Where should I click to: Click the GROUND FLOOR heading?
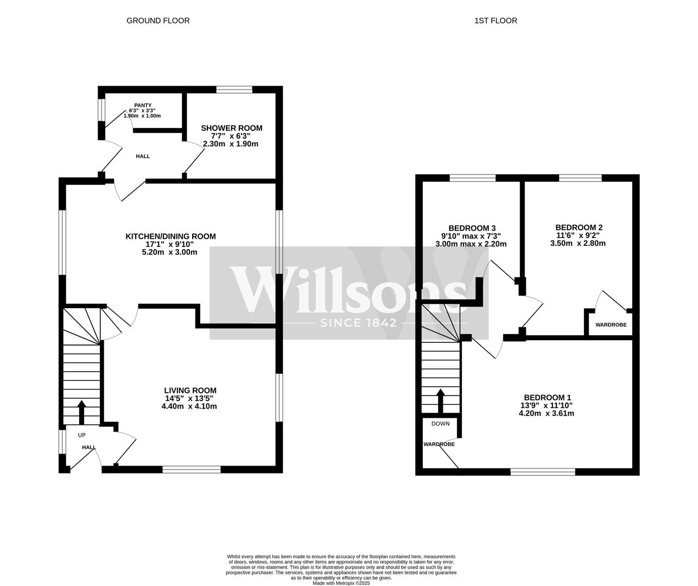pyautogui.click(x=158, y=21)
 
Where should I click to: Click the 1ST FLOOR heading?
pyautogui.click(x=496, y=21)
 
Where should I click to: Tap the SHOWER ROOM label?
pyautogui.click(x=231, y=128)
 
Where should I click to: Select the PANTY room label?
pyautogui.click(x=143, y=105)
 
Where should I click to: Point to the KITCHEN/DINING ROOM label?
pyautogui.click(x=170, y=236)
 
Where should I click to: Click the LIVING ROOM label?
pyautogui.click(x=190, y=390)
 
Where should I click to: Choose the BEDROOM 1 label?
pyautogui.click(x=547, y=397)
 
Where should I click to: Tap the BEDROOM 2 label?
pyautogui.click(x=579, y=227)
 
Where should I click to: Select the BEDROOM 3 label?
pyautogui.click(x=472, y=228)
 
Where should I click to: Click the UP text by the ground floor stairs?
pyautogui.click(x=81, y=435)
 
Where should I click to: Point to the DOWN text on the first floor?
pyautogui.click(x=440, y=423)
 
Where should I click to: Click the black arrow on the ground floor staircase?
pyautogui.click(x=81, y=412)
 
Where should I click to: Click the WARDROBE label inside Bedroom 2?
pyautogui.click(x=611, y=325)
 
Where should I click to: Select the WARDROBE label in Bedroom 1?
pyautogui.click(x=439, y=444)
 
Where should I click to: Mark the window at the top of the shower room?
pyautogui.click(x=234, y=90)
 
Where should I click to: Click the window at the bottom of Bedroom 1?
pyautogui.click(x=543, y=472)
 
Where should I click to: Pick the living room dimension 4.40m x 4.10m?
pyautogui.click(x=189, y=406)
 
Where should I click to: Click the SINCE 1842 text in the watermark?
pyautogui.click(x=359, y=323)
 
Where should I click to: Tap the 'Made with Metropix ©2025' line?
pyautogui.click(x=341, y=583)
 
